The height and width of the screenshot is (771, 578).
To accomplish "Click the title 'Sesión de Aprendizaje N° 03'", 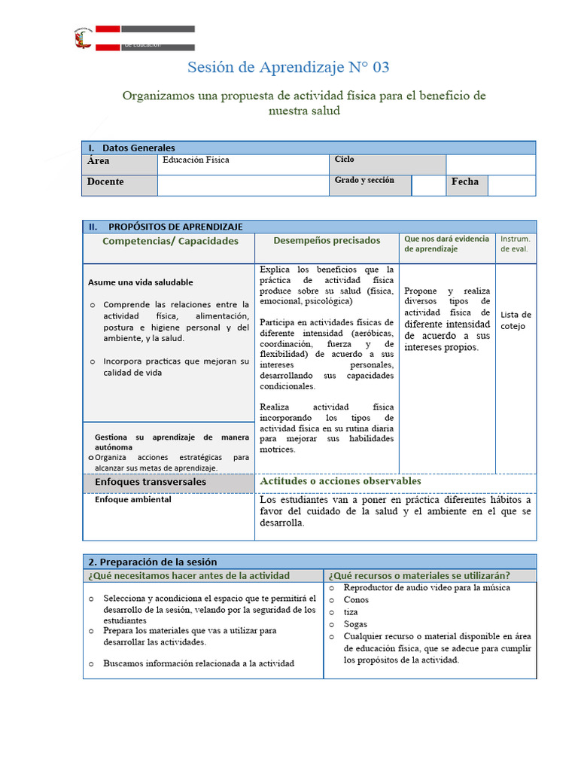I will point(288,68).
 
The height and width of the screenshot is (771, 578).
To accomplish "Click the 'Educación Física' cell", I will point(196,160).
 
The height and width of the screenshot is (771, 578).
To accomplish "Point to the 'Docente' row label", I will point(105,182).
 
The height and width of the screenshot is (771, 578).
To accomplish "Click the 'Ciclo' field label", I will point(345,160).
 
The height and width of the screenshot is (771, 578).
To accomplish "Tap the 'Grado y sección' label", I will point(364,181).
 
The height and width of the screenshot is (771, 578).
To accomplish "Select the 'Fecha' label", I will point(465,182).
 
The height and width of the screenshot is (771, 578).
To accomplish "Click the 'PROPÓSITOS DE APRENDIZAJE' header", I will point(175,227).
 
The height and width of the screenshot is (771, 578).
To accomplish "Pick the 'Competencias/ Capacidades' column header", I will point(170,241).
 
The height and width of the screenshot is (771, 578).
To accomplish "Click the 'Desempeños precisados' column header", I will point(327,241).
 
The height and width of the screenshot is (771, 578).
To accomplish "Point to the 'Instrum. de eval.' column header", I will point(516,244).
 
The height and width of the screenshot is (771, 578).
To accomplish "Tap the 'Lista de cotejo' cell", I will point(516,321).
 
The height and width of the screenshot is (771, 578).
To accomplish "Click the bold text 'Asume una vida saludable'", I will point(141,282).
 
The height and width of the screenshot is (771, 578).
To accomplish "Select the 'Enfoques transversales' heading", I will point(151,482).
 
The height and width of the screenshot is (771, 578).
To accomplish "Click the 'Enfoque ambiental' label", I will point(133,499).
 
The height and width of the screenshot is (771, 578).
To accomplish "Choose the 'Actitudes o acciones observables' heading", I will point(340,481).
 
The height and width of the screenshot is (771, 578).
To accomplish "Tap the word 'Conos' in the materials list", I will point(356,600).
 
